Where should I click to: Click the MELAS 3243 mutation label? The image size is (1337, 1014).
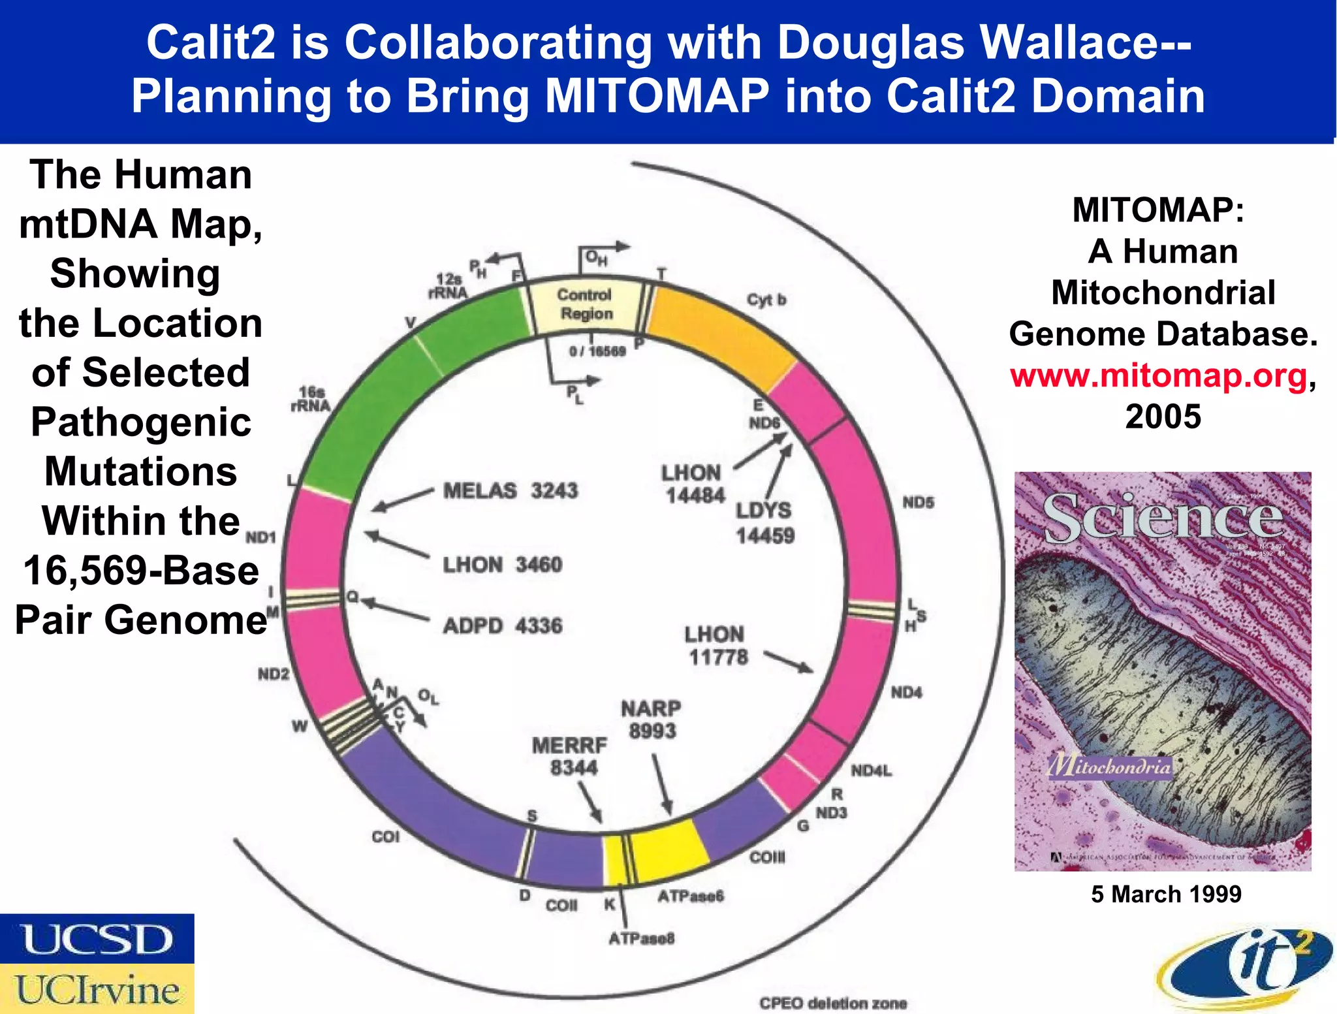coord(510,490)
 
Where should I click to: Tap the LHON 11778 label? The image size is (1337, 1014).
coord(716,645)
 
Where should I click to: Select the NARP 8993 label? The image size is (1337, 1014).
coord(651,719)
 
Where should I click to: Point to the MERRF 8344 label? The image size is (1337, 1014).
coord(570,755)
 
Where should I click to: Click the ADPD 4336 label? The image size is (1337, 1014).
coord(502,626)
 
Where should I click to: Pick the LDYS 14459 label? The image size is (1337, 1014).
coord(764,522)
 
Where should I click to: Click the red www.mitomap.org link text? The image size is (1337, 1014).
coord(1158,376)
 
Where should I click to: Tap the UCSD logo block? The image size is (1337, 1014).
coord(97,939)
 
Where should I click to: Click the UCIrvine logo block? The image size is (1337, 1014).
coord(97,989)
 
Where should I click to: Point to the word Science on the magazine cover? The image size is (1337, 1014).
coord(1162,518)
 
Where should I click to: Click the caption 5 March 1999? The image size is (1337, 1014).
coord(1166,894)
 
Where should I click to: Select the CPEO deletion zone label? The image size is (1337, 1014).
coord(833,1003)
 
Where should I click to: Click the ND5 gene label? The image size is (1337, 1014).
coord(918,502)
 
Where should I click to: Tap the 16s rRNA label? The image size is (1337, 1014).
coord(311,398)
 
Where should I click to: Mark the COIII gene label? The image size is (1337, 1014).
coord(767,857)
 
